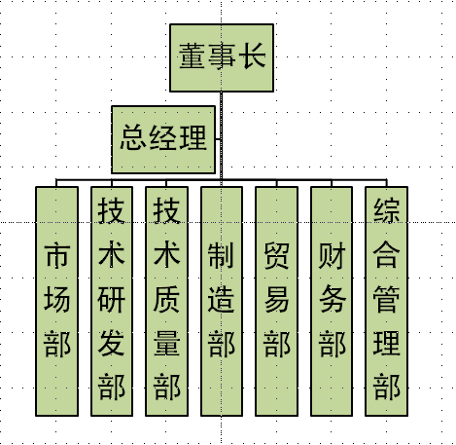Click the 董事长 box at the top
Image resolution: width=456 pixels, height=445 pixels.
222,57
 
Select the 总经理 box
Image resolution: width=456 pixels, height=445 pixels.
163,139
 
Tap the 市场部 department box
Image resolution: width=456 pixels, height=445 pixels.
57,301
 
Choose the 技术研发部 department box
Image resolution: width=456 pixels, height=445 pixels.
112,301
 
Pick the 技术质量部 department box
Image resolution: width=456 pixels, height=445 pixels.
166,301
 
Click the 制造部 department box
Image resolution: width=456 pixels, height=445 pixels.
222,301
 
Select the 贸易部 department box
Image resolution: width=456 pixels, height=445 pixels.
276,301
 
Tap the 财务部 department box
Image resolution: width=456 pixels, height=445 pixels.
332,301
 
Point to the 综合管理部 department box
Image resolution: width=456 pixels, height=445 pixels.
386,301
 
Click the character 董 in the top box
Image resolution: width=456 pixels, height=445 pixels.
192,56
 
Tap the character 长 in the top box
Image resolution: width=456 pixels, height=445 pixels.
252,56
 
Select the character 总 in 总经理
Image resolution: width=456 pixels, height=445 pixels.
133,137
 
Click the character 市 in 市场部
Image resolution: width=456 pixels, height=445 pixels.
57,255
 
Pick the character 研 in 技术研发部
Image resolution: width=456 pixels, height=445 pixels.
112,299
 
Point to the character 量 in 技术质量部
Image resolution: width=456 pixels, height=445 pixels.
166,344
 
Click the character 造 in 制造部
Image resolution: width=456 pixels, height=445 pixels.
221,299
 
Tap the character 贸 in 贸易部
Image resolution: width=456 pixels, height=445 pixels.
276,255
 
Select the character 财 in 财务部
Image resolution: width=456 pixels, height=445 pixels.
332,255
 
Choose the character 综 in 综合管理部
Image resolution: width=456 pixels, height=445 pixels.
386,210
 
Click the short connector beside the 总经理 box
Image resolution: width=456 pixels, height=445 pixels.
218,140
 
